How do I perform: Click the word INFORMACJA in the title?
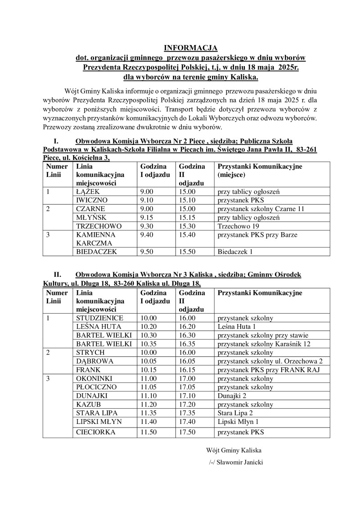(190, 48)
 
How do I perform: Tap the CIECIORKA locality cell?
(95, 432)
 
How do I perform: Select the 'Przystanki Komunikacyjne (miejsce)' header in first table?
(259, 171)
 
